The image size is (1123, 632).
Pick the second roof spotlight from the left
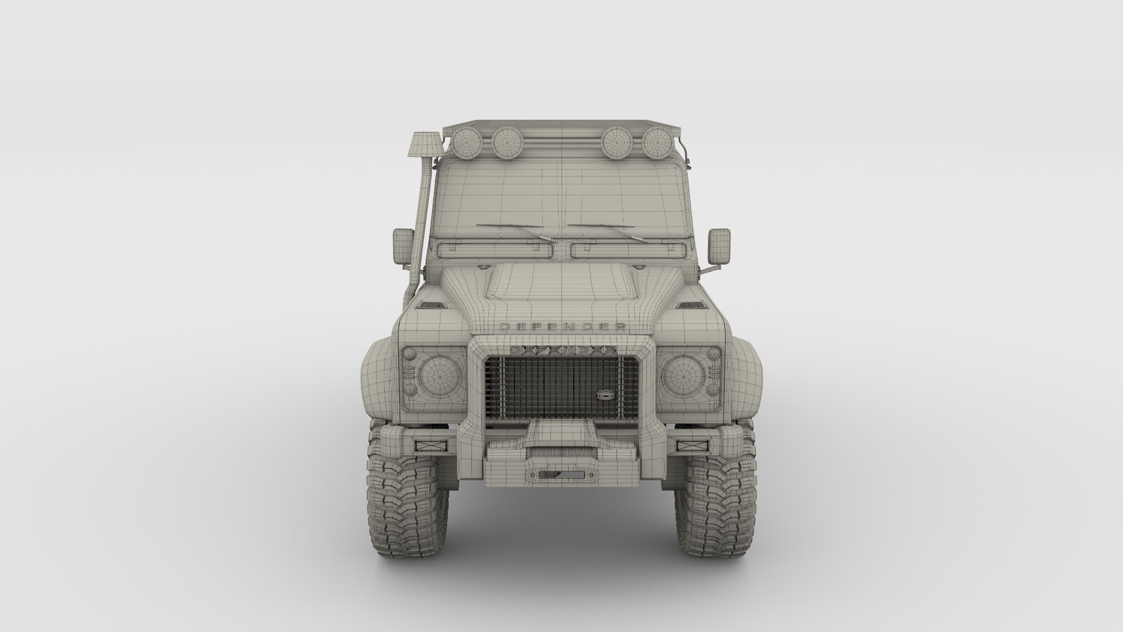pyautogui.click(x=507, y=142)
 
